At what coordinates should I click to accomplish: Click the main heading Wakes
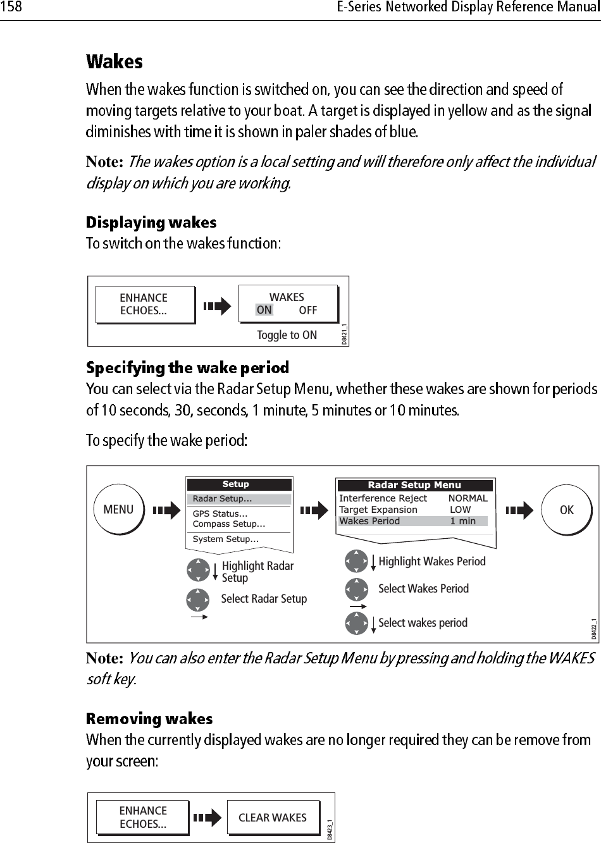pos(115,62)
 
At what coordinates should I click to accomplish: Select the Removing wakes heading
pos(149,719)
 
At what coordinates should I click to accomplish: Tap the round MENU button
pos(118,510)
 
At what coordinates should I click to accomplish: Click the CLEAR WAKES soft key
pos(272,818)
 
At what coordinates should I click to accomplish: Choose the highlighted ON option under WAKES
pos(264,310)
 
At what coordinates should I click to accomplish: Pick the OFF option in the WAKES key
pos(308,310)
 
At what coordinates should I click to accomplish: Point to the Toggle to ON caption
pos(287,335)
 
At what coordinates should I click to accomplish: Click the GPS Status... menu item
pos(220,514)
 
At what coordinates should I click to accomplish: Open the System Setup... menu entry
pos(225,539)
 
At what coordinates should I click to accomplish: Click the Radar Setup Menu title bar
pos(414,485)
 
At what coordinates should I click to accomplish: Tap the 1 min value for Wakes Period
pos(462,521)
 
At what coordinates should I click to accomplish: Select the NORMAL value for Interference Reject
pos(468,498)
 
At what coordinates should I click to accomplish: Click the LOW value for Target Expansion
pos(460,510)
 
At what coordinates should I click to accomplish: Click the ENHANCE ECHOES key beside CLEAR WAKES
pos(143,817)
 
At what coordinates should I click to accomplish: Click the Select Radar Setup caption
pos(264,599)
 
